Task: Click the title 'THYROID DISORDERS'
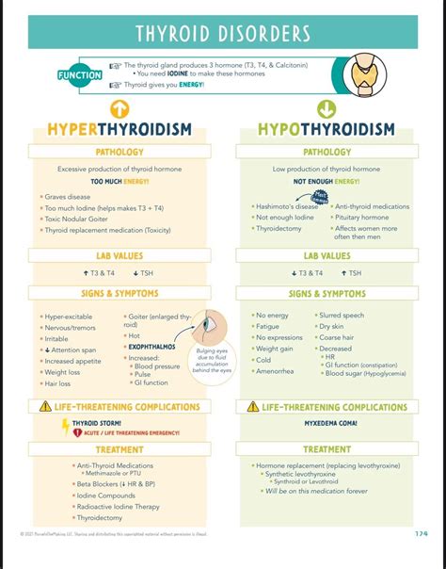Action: pyautogui.click(x=222, y=34)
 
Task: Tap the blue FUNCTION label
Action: pyautogui.click(x=80, y=75)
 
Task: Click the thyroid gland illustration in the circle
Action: pyautogui.click(x=364, y=73)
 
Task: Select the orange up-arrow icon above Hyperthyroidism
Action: pyautogui.click(x=119, y=108)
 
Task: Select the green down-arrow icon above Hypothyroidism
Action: pyautogui.click(x=327, y=108)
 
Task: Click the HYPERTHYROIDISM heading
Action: pyautogui.click(x=119, y=128)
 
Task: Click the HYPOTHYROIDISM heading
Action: pyautogui.click(x=327, y=128)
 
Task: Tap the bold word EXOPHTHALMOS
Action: pyautogui.click(x=151, y=347)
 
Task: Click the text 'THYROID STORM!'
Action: pyautogui.click(x=97, y=424)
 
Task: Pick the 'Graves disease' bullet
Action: pyautogui.click(x=67, y=197)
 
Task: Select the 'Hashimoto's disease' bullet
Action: pyautogui.click(x=287, y=206)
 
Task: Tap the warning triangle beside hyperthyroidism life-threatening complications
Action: pyautogui.click(x=45, y=407)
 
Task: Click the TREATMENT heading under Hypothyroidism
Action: pyautogui.click(x=327, y=449)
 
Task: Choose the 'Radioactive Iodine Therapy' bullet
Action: pyautogui.click(x=118, y=506)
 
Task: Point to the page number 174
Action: pyautogui.click(x=421, y=534)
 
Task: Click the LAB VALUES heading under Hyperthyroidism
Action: pyautogui.click(x=119, y=255)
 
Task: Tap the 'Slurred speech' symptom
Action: pyautogui.click(x=342, y=316)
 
